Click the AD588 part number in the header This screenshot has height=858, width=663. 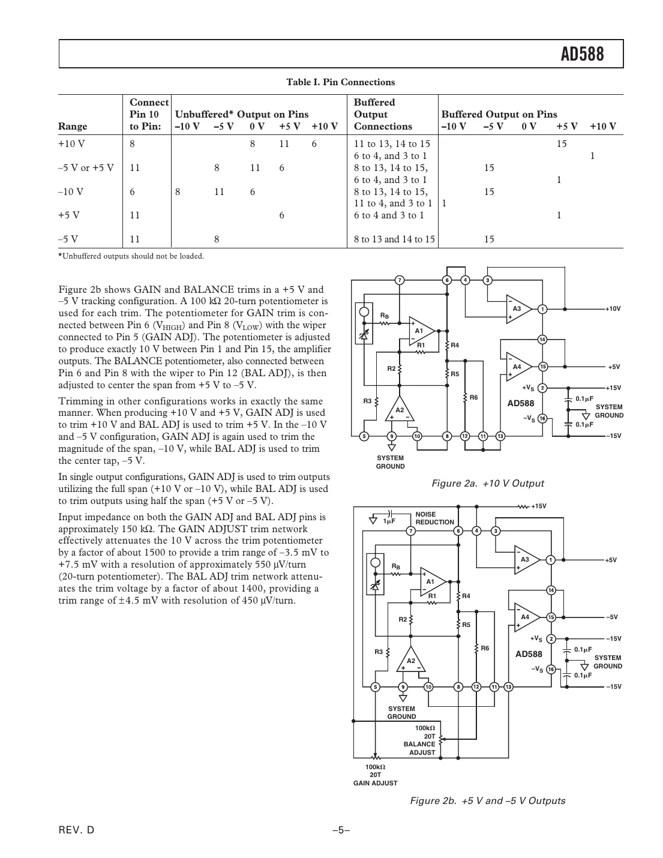point(582,55)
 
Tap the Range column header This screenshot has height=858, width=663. point(73,127)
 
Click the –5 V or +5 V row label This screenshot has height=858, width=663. point(86,168)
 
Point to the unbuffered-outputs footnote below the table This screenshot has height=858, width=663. point(131,256)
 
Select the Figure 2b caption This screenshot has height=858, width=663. point(487,801)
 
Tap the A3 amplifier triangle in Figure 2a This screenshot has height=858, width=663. point(517,309)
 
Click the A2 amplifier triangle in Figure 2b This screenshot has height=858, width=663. point(410,661)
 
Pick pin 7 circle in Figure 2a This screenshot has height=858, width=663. point(399,280)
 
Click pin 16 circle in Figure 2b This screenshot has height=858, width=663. point(551,670)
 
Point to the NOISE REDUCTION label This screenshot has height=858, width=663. point(434,518)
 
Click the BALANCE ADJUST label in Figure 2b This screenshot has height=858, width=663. point(419,748)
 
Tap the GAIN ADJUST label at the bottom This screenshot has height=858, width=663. point(375,783)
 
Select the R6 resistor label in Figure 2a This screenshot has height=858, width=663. point(473,397)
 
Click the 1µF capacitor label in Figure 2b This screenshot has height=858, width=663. point(389,521)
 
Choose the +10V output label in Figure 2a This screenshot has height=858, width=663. point(613,309)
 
